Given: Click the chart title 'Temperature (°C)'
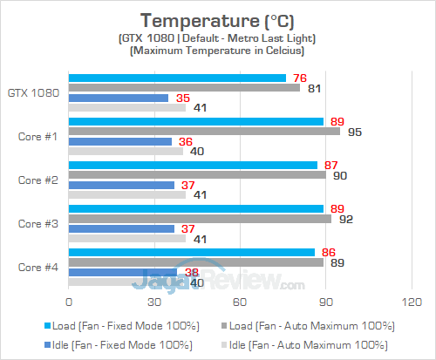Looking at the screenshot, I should pyautogui.click(x=217, y=19).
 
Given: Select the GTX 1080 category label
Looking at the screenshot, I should pyautogui.click(x=32, y=92).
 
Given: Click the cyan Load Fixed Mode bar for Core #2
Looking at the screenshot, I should pyautogui.click(x=193, y=165).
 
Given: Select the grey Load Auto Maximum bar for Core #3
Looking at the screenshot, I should pyautogui.click(x=200, y=219).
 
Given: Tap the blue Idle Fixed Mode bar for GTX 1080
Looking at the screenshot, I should pyautogui.click(x=119, y=98).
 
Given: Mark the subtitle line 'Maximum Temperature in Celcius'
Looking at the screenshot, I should pyautogui.click(x=217, y=51).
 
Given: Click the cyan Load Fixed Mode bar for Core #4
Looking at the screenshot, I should pyautogui.click(x=192, y=252).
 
